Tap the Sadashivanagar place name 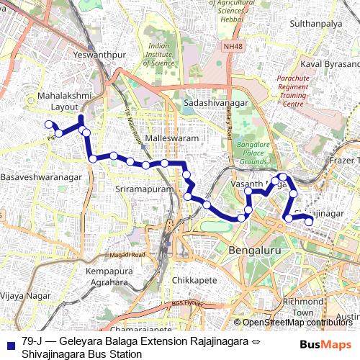point(216,104)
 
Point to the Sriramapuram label point(145,188)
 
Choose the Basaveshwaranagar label point(41,176)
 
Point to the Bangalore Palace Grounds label point(253,153)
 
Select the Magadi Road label point(127,255)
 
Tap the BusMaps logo point(326,344)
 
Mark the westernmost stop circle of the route point(49,124)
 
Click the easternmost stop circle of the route point(310,222)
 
